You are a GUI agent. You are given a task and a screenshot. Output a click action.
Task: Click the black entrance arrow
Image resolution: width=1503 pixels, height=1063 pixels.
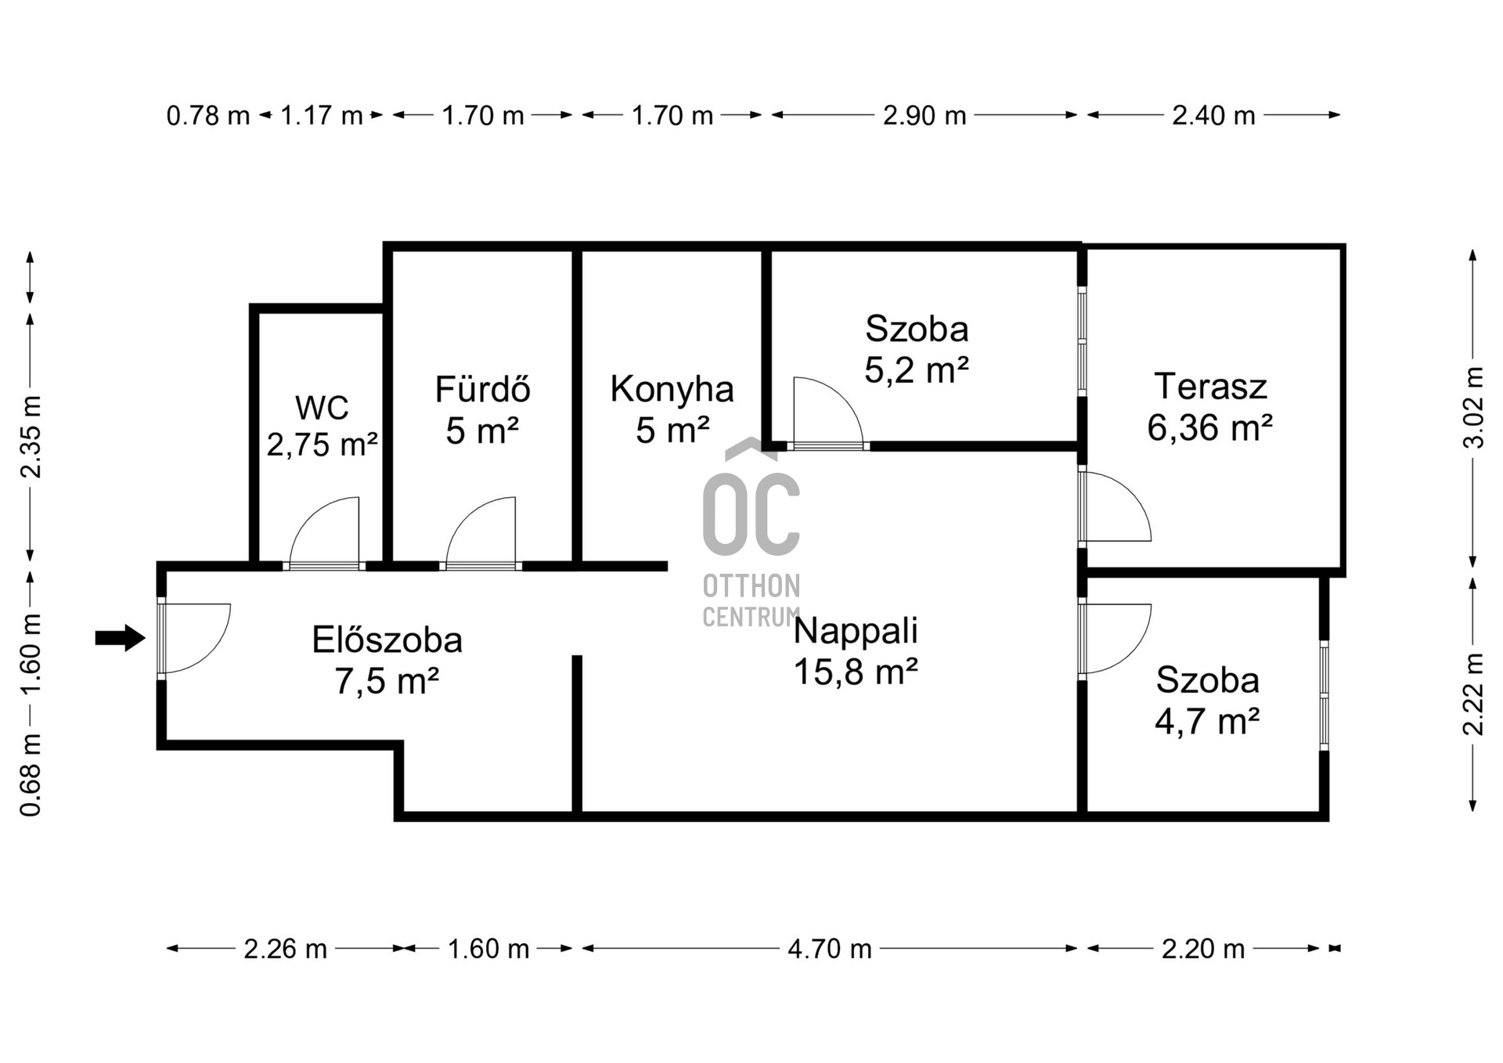click(120, 638)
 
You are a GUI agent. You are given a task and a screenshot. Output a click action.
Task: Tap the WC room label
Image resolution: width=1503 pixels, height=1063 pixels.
click(322, 408)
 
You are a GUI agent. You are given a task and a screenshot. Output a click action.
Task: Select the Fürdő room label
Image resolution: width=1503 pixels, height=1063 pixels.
click(482, 389)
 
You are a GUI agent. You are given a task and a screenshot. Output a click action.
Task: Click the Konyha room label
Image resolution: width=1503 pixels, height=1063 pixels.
click(672, 389)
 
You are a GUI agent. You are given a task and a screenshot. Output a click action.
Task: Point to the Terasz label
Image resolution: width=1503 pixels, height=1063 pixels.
click(1210, 386)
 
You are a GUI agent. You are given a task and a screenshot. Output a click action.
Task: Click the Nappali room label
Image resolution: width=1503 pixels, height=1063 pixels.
click(856, 630)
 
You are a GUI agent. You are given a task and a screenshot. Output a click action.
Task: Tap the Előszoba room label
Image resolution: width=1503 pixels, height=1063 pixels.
click(387, 640)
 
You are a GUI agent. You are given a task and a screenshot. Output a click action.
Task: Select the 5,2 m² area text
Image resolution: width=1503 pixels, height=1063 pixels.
click(917, 369)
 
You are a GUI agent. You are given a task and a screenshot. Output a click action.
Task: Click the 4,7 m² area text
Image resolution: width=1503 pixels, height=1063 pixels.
click(1207, 720)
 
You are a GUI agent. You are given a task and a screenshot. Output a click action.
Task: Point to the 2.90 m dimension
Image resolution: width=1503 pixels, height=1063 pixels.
click(925, 115)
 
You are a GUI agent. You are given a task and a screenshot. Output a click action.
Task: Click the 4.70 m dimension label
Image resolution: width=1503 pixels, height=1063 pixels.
click(830, 949)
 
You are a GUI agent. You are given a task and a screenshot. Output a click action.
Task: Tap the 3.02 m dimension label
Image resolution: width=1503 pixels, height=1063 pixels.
click(1473, 407)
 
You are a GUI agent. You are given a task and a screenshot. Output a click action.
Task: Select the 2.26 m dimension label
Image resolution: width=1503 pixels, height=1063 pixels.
click(285, 949)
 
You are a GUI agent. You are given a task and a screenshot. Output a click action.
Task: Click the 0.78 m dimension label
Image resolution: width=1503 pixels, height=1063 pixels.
click(207, 116)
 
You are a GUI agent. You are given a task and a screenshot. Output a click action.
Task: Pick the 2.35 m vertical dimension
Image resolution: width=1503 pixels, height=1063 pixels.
click(31, 437)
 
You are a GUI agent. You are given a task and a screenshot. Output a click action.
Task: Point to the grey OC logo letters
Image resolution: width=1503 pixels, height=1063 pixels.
click(751, 513)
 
